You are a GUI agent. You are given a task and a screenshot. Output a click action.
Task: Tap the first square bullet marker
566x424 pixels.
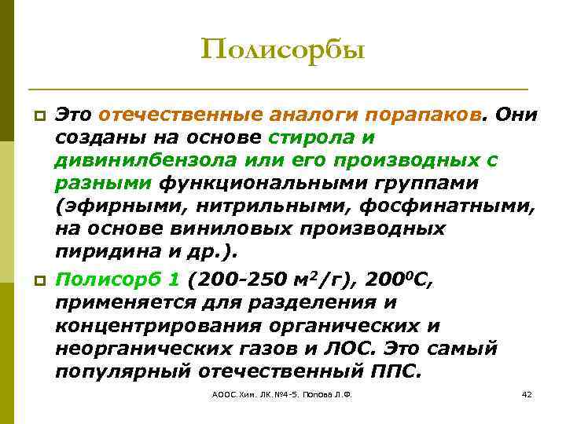click(x=36, y=118)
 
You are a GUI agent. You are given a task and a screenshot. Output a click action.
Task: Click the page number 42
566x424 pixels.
click(x=527, y=393)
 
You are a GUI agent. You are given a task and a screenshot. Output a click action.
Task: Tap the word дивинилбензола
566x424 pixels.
click(x=139, y=160)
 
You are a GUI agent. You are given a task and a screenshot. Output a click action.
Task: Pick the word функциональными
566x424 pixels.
click(x=282, y=183)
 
